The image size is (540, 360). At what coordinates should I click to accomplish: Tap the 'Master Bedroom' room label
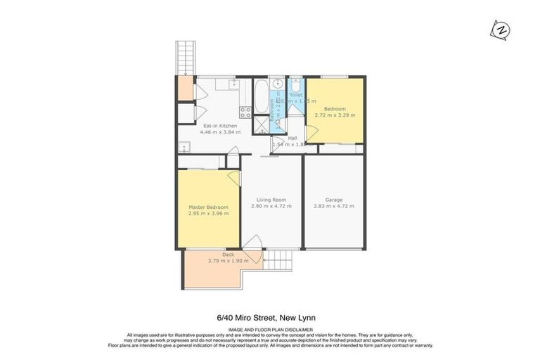coord(208,207)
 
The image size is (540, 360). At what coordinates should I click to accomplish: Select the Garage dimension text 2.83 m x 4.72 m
coord(333,207)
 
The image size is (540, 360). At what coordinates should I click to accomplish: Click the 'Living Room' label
coord(271,199)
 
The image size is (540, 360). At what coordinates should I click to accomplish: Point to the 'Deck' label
coord(229,254)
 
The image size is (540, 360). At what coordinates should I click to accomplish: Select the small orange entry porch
coord(186,89)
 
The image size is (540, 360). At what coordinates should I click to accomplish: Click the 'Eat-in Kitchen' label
coord(219,126)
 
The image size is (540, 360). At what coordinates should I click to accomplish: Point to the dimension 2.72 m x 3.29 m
coord(335,115)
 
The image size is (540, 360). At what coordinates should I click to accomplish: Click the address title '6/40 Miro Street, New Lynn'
coord(270,319)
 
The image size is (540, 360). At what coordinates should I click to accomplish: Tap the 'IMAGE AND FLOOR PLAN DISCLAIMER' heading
coord(270,330)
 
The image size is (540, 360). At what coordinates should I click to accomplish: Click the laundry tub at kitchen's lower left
coord(184,147)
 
